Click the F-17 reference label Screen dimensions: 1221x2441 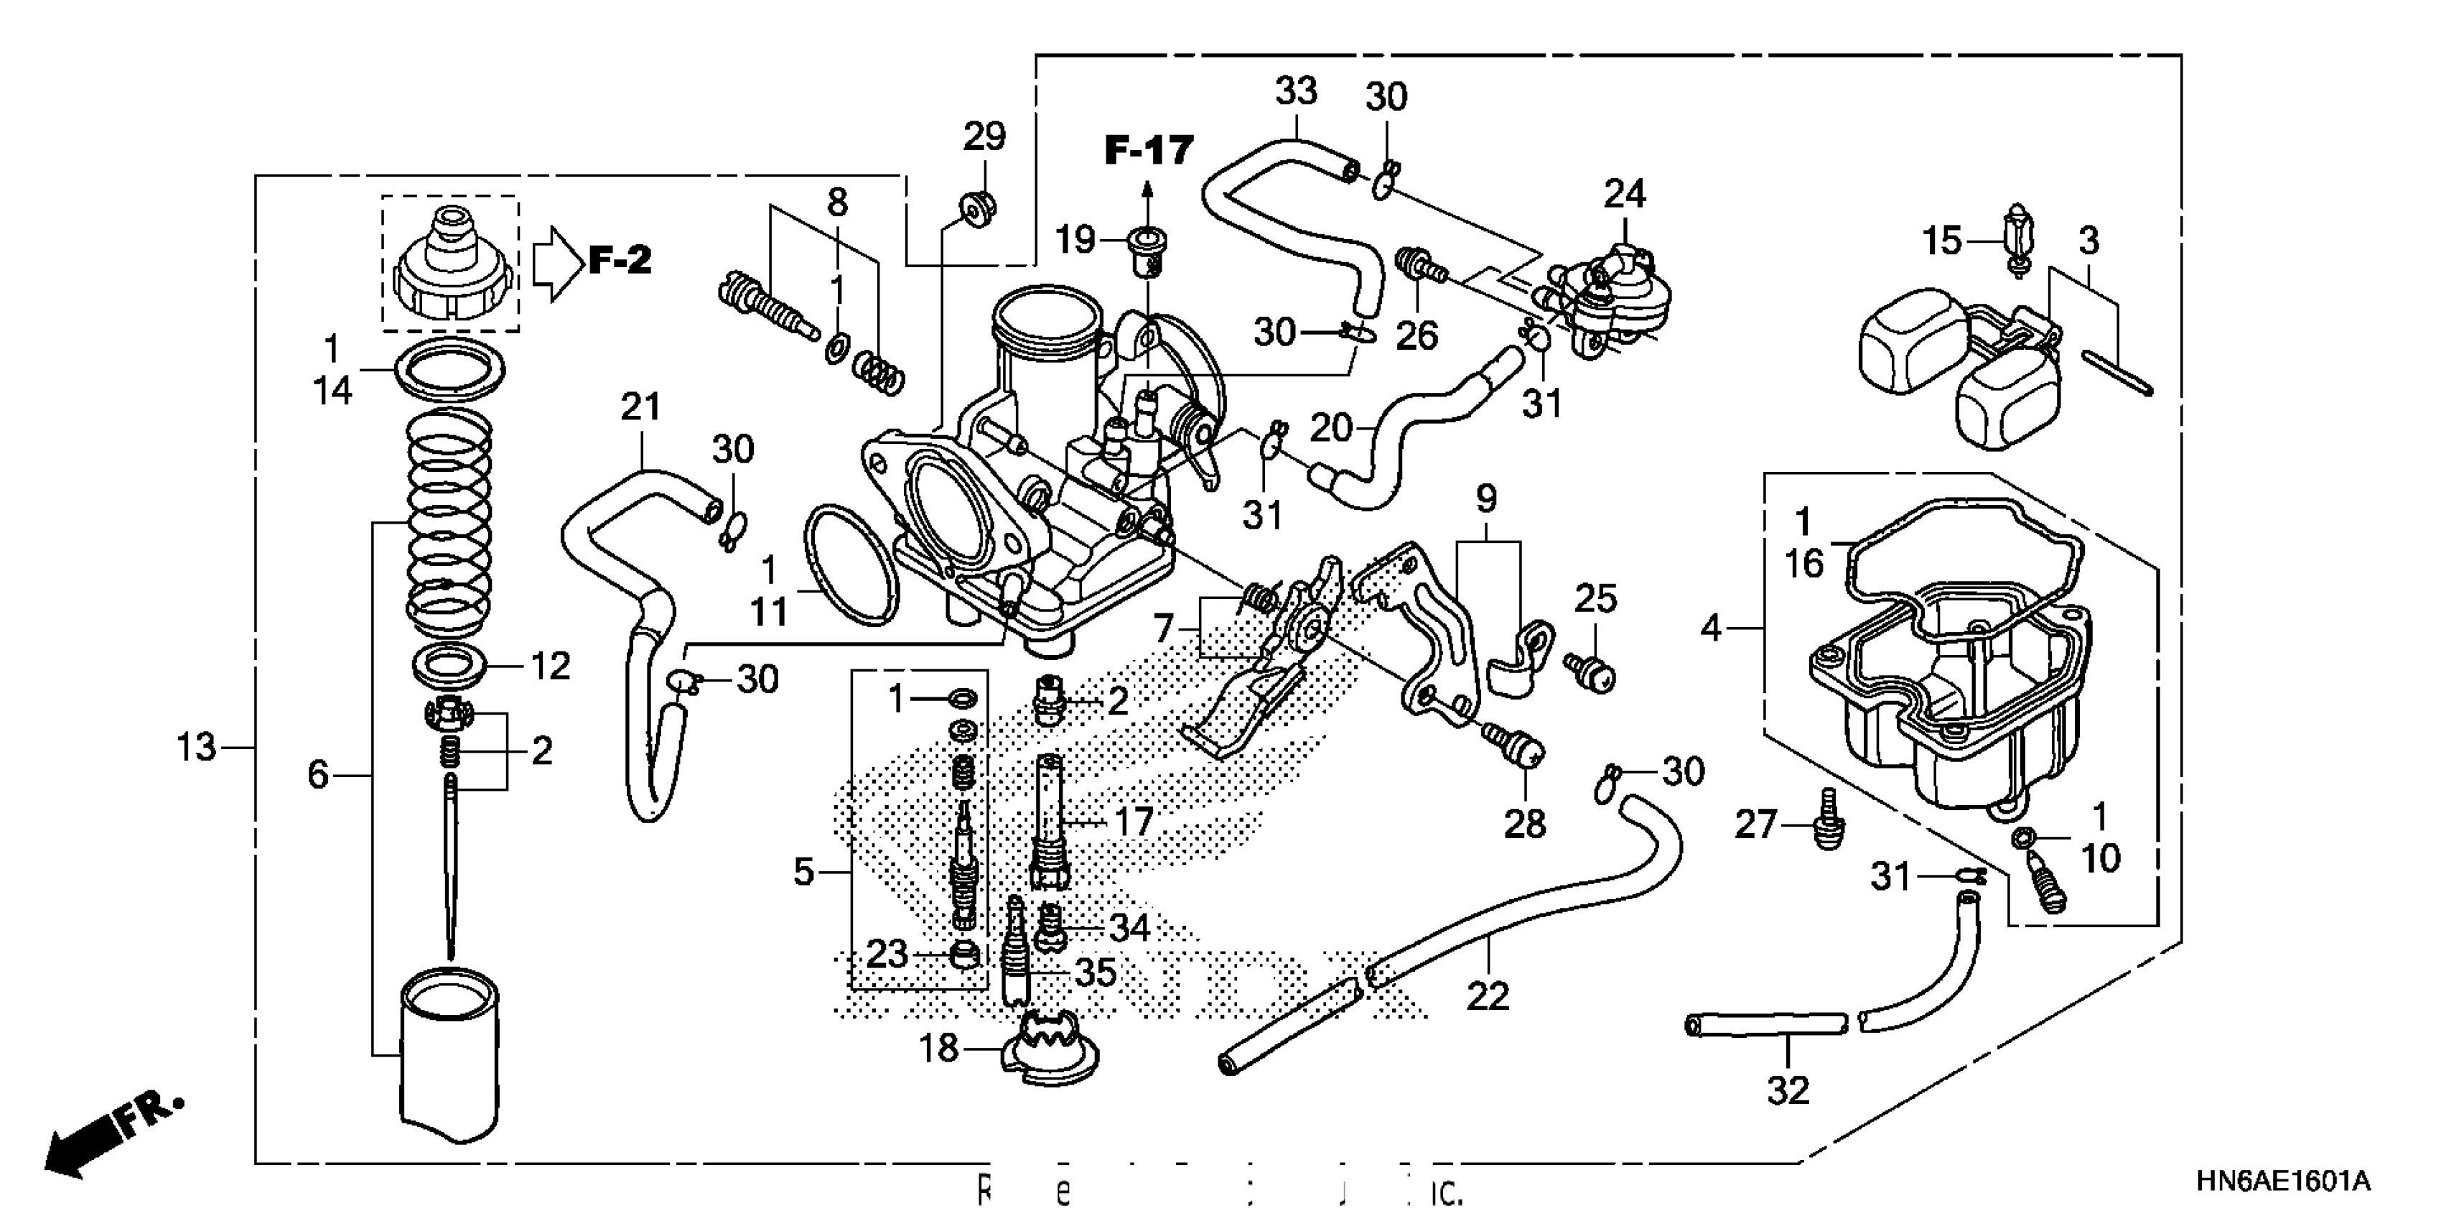(1149, 151)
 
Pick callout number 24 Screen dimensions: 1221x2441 (1624, 195)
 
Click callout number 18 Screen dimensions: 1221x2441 (938, 1049)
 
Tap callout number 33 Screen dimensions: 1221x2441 (1295, 91)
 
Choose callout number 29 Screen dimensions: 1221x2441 (984, 136)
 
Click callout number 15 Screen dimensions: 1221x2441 (1941, 241)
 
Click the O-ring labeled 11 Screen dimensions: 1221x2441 (851, 566)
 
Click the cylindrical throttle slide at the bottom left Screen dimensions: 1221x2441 (449, 1052)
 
